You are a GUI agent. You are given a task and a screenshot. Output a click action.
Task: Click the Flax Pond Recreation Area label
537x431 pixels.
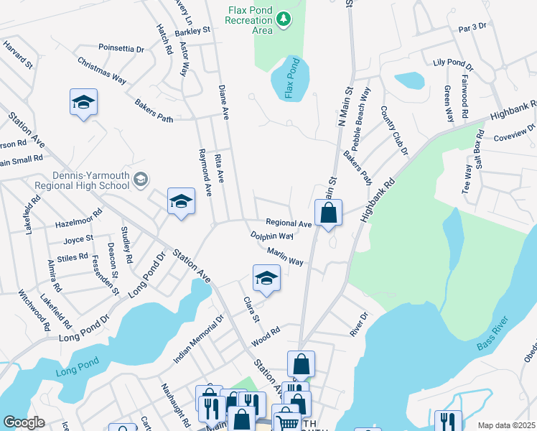point(249,20)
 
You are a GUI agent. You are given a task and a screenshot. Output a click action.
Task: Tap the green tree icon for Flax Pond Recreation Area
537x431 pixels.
point(284,19)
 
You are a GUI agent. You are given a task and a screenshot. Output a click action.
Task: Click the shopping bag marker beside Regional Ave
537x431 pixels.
point(328,213)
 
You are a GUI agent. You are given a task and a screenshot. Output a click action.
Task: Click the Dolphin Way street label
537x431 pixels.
point(271,236)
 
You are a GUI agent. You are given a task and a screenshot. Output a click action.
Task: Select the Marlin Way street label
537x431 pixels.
point(284,256)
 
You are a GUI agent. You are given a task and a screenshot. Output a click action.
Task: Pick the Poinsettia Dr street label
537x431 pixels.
point(121,49)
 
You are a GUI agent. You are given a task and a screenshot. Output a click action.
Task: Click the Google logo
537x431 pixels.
point(24,422)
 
